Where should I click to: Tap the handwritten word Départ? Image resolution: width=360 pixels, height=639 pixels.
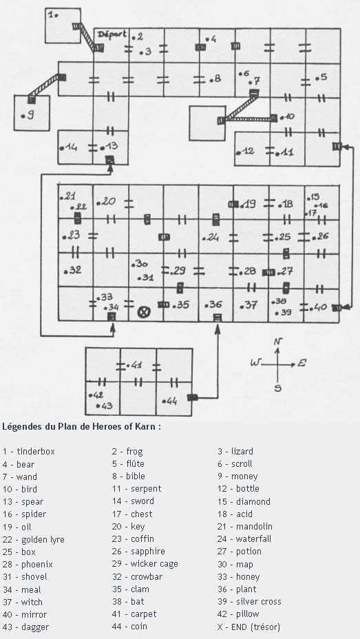(x=112, y=34)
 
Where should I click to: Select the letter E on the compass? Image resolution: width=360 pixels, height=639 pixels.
(x=301, y=363)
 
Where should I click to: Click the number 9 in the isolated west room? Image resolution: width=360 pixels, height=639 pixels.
(x=30, y=116)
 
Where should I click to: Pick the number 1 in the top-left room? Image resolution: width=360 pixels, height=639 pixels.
(x=52, y=14)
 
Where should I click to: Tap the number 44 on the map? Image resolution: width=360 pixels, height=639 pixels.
(x=171, y=401)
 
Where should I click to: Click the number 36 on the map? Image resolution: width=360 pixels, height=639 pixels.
(x=216, y=304)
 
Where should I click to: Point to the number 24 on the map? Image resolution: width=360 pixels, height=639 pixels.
(x=213, y=237)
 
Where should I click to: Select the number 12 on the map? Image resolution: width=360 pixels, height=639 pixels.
(x=248, y=151)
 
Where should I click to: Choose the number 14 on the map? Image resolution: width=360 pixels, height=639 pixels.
(x=71, y=147)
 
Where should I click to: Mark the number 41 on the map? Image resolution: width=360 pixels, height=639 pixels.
(x=136, y=365)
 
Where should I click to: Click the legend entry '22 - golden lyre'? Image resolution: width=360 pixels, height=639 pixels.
(x=34, y=540)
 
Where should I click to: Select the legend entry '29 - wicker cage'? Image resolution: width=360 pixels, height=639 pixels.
(x=145, y=564)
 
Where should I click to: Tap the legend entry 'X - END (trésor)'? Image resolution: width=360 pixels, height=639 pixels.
(x=248, y=627)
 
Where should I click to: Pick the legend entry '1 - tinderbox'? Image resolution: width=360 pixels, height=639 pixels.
(x=28, y=452)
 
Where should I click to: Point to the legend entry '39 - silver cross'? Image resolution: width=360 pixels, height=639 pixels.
(x=249, y=602)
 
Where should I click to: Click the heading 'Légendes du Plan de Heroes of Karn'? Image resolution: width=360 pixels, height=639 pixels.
(x=81, y=427)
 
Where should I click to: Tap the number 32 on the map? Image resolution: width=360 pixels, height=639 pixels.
(x=75, y=269)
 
